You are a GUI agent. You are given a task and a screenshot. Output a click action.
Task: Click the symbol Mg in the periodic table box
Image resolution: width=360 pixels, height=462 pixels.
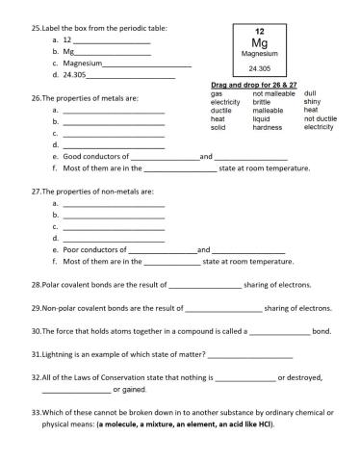(259, 43)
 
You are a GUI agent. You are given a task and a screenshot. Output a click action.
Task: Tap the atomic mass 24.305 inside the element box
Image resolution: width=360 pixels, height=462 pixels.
(259, 69)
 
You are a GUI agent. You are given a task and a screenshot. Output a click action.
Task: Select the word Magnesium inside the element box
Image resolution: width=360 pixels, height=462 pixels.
(259, 55)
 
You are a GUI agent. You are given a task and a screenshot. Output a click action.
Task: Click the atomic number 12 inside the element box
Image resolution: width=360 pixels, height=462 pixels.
(259, 32)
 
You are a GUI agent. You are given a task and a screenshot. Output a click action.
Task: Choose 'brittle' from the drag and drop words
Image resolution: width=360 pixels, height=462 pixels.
(262, 102)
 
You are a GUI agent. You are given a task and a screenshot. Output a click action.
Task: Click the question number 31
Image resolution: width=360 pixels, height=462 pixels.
(36, 353)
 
